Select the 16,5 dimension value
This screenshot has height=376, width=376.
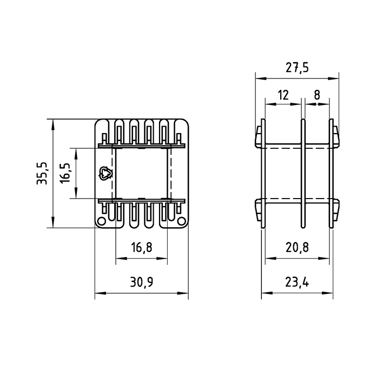[x=66, y=173]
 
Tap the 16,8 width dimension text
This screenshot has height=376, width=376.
[x=141, y=248]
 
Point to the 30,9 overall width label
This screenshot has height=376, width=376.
[x=141, y=282]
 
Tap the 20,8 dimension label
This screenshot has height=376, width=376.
[x=296, y=248]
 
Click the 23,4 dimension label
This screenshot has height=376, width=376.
[x=296, y=282]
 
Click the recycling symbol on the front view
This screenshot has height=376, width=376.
[x=104, y=173]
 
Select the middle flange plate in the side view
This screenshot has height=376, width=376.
[x=303, y=173]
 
